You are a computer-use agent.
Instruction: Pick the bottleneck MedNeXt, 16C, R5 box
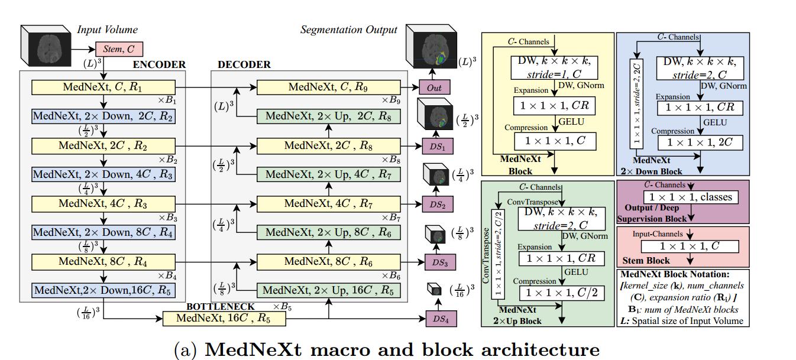[x=223, y=319]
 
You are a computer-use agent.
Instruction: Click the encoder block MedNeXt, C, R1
[x=103, y=87]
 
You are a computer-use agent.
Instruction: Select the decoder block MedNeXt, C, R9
[x=328, y=87]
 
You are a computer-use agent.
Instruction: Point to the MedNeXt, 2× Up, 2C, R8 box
[x=328, y=116]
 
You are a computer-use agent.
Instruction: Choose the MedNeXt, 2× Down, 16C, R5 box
[x=103, y=290]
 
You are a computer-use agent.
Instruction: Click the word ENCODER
[x=159, y=64]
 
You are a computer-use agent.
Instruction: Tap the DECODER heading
[x=244, y=64]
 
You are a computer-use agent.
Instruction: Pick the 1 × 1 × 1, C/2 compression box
[x=558, y=292]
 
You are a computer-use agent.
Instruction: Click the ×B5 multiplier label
[x=284, y=306]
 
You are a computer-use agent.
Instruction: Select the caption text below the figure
[x=387, y=349]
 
